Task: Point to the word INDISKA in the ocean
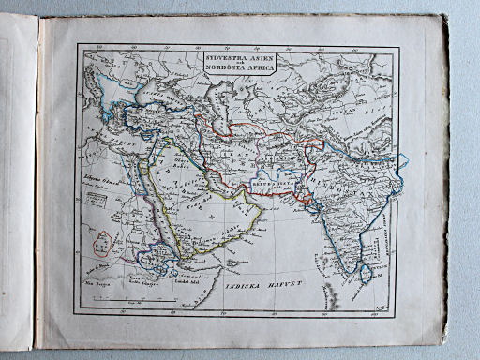[247, 282]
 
